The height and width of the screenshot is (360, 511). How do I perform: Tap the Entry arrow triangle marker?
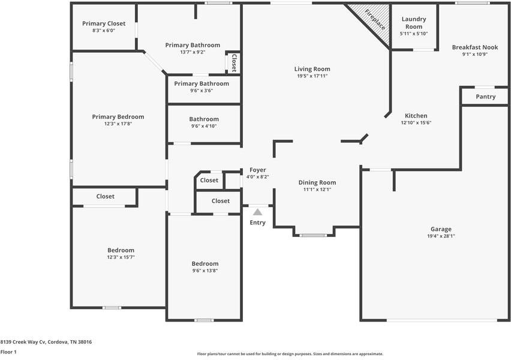(x=257, y=212)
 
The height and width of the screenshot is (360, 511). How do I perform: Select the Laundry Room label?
(x=414, y=23)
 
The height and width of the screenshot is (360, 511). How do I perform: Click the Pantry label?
(x=486, y=97)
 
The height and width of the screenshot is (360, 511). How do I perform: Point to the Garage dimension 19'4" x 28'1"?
(x=441, y=236)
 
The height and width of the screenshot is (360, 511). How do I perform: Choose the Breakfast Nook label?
(x=475, y=47)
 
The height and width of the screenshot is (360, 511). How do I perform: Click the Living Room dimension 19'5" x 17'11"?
(x=312, y=76)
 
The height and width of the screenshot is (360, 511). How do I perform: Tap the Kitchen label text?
(x=416, y=116)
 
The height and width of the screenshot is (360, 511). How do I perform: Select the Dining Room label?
(x=317, y=182)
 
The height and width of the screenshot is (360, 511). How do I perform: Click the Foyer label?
(x=258, y=170)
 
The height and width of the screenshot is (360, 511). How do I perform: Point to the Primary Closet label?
(x=104, y=23)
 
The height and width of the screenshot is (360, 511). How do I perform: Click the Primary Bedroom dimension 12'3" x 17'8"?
(x=118, y=124)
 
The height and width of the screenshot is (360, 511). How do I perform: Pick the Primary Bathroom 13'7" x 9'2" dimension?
(x=193, y=52)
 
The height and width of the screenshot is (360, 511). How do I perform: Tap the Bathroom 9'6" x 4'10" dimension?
(x=204, y=126)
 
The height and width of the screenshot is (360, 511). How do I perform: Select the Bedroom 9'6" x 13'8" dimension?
(x=205, y=271)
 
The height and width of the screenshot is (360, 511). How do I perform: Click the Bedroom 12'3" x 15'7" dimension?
(x=121, y=257)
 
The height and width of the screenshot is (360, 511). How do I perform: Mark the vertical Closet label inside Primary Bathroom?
(x=234, y=62)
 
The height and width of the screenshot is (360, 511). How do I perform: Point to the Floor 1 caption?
(x=8, y=352)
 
